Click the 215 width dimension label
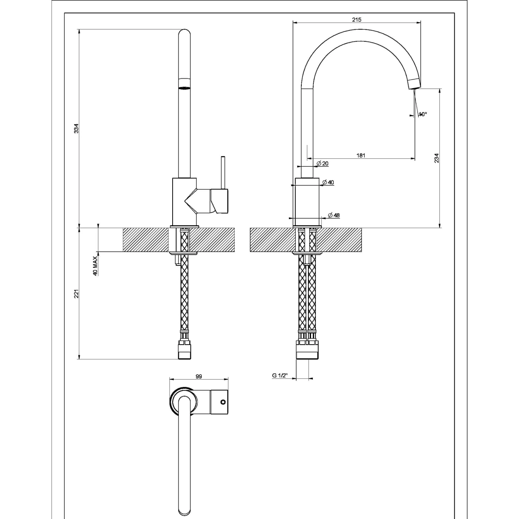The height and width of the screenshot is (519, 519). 356,20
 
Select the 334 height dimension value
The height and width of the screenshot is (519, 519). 76,128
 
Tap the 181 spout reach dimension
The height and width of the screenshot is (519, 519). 361,155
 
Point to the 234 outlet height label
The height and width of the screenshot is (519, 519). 436,158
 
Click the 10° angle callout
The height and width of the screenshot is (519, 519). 422,114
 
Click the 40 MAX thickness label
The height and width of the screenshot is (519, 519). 95,266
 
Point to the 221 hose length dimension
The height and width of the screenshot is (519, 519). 76,293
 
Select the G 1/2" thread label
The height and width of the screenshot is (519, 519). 280,375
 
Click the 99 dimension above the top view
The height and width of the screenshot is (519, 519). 199,376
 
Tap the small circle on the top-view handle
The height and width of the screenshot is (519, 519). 223,402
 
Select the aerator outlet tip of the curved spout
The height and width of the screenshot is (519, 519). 414,84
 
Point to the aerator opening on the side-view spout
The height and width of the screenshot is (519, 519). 184,88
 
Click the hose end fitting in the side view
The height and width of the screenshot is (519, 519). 184,350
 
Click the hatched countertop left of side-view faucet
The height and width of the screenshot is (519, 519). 145,239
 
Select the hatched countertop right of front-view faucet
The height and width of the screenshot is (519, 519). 341,239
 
